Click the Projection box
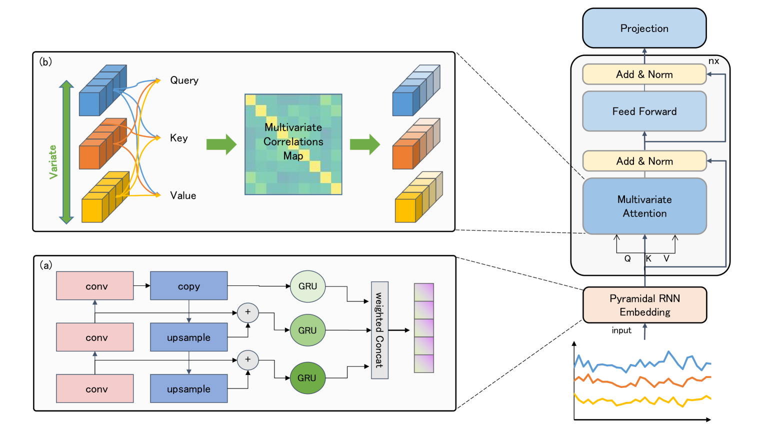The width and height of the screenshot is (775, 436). [644, 28]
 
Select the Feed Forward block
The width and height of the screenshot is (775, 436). [644, 111]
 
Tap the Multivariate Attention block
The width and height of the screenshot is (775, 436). [644, 206]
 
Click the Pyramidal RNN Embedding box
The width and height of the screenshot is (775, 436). [644, 305]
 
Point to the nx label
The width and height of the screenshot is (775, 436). [713, 61]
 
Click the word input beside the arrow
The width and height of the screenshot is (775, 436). [621, 330]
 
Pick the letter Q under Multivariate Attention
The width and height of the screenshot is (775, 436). [627, 258]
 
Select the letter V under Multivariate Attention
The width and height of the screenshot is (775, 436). [666, 258]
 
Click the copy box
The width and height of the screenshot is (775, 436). [188, 286]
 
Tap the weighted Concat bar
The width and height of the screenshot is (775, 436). [379, 330]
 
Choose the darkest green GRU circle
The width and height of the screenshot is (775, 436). [307, 378]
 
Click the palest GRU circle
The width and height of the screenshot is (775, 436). [307, 286]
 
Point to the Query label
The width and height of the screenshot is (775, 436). [184, 80]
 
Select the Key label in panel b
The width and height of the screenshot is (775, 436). [178, 138]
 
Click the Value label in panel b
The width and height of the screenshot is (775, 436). [183, 195]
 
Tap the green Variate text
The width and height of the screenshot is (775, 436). [53, 161]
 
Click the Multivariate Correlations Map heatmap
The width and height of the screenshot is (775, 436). [293, 144]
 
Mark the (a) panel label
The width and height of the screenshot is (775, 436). [46, 265]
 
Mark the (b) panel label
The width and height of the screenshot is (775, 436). [45, 61]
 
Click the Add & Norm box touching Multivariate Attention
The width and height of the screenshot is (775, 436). [644, 161]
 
